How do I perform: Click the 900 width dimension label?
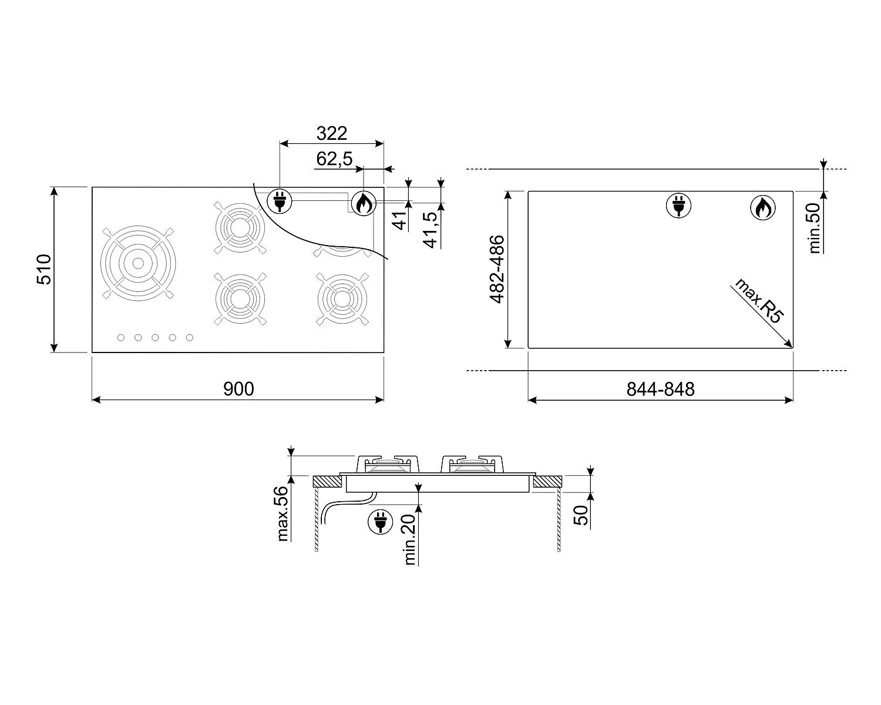[238, 389]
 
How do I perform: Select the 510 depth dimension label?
[44, 269]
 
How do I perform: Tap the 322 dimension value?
[332, 133]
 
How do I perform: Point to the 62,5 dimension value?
[334, 159]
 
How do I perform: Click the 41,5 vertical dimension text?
[431, 230]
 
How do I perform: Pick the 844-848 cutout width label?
[660, 389]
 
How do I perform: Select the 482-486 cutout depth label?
[497, 269]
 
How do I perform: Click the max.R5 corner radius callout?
[759, 300]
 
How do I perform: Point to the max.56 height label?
[283, 513]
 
